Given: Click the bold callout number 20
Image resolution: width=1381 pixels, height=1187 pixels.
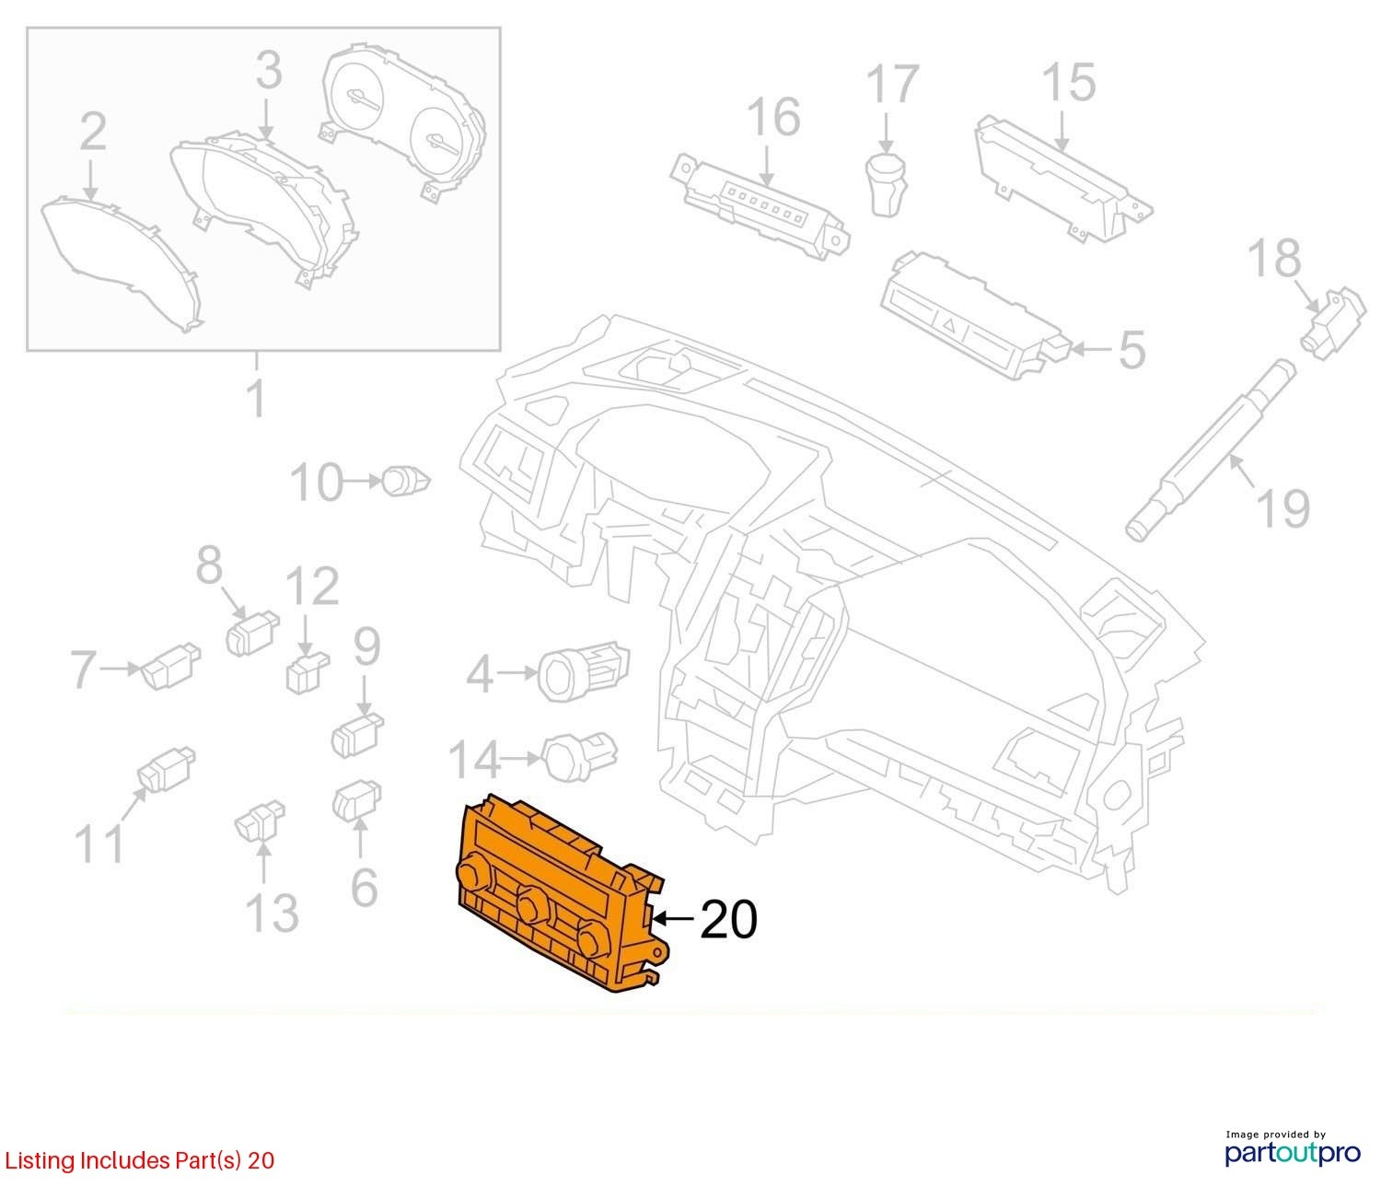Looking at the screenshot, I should (728, 919).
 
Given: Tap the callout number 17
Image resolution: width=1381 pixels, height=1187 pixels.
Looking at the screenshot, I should (893, 85).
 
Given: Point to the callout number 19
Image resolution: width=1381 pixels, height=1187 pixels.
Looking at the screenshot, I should (1282, 507).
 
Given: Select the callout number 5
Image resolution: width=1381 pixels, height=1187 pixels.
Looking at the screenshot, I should (1131, 351).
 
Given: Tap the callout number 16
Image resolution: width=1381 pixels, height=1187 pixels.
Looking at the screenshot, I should (773, 118).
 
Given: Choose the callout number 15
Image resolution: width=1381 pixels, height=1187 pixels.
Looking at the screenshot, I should (1069, 83).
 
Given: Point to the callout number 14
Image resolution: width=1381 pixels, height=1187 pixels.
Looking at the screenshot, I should (475, 760).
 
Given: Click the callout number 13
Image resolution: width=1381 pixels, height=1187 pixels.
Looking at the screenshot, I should (272, 912).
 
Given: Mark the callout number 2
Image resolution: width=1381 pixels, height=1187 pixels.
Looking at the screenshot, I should (92, 134).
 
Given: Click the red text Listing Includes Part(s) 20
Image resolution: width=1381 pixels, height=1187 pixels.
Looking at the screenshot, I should (138, 1160).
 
